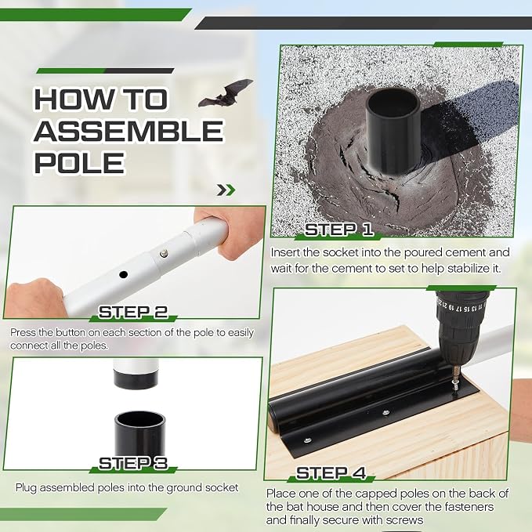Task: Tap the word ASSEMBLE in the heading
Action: click(x=128, y=131)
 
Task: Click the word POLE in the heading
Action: click(x=80, y=163)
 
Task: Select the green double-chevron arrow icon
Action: click(x=226, y=190)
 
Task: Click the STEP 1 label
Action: click(x=338, y=230)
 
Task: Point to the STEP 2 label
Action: click(x=133, y=312)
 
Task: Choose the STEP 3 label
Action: click(x=133, y=464)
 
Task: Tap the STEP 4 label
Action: click(x=331, y=473)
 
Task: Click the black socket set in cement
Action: click(x=393, y=130)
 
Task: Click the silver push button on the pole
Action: click(x=164, y=253)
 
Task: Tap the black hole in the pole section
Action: click(x=124, y=274)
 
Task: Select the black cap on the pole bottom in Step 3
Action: click(x=136, y=379)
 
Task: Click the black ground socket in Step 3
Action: click(x=139, y=434)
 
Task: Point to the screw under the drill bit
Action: click(x=454, y=385)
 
